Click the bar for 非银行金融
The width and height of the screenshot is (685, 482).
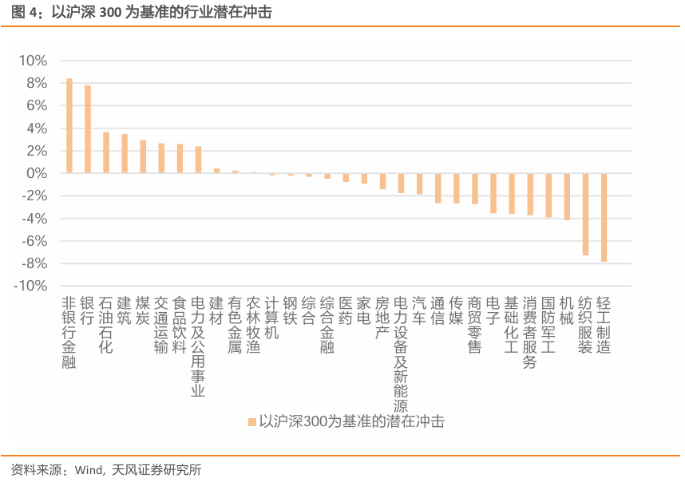point(69,126)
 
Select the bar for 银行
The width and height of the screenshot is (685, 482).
point(88,129)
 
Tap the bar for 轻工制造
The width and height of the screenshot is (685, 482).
point(604,217)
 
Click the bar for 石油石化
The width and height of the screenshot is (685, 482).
point(106,152)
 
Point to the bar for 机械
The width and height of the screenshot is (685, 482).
point(568,196)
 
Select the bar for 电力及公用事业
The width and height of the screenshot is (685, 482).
point(198,160)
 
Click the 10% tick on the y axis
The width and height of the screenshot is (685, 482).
point(33,61)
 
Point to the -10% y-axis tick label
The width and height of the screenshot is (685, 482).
point(30,286)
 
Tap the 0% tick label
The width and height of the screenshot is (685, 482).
point(38,173)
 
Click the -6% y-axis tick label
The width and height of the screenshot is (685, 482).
point(33,241)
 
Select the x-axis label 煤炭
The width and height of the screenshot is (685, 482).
point(143,311)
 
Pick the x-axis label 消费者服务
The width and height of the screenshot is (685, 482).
point(530,333)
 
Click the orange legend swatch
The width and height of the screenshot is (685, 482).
point(251,421)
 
